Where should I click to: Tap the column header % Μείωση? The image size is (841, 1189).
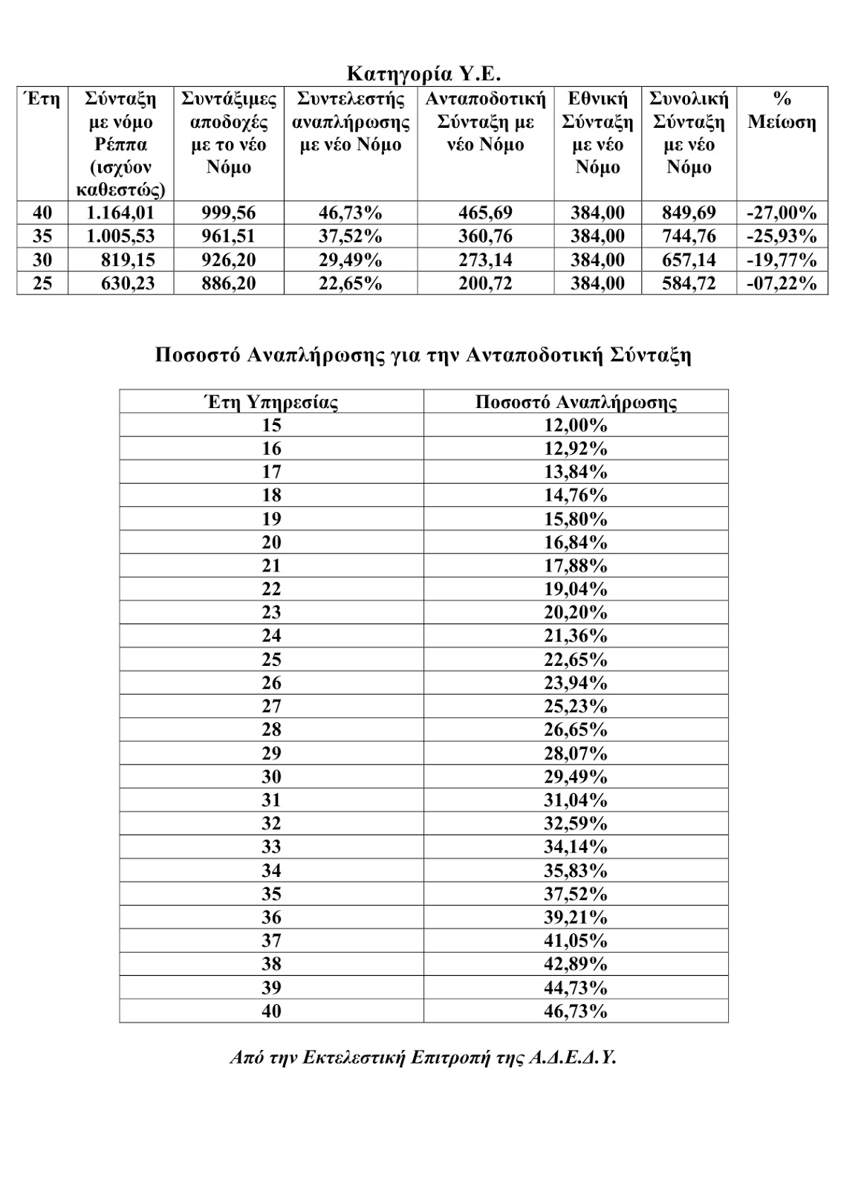tap(782, 111)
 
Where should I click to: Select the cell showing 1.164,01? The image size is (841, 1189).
tap(120, 213)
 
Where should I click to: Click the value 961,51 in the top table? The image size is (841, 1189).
tap(228, 236)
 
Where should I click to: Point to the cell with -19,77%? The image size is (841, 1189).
tap(782, 260)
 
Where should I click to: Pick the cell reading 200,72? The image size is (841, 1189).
tap(484, 283)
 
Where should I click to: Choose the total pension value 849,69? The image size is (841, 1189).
tap(689, 213)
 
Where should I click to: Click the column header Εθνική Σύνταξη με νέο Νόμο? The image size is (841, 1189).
tap(597, 133)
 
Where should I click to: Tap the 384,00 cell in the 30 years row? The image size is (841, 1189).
tap(597, 260)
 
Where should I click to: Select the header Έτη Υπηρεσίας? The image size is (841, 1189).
tap(271, 403)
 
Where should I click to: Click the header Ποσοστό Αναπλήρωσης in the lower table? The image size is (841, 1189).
tap(576, 403)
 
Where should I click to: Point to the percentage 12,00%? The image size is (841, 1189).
tap(576, 426)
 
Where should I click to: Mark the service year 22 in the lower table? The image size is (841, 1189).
tap(271, 589)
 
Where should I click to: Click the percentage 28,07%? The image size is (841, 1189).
tap(576, 754)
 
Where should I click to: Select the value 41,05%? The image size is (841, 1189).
tap(576, 941)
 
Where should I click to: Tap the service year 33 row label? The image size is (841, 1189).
tap(271, 847)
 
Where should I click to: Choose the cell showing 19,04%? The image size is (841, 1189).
tap(576, 589)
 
